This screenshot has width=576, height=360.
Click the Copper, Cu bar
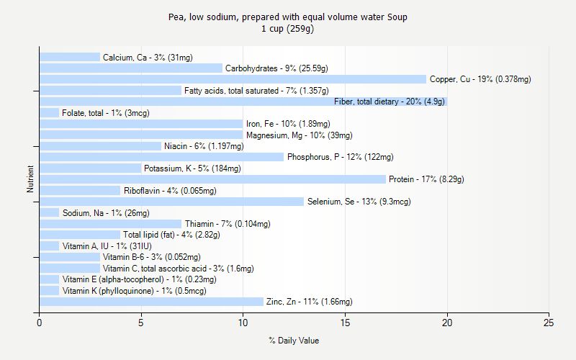233,79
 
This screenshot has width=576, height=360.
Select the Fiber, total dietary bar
243,102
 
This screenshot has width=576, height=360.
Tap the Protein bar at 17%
212,179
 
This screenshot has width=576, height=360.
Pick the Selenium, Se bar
171,202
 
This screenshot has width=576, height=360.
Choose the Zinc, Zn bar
151,302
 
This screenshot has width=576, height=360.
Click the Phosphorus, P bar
161,157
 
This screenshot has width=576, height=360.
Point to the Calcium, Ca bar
70,57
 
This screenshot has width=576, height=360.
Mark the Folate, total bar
49,112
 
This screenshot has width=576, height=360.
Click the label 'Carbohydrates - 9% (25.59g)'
276,68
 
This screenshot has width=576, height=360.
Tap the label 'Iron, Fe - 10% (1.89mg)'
288,124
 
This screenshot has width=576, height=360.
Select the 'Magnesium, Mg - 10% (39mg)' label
299,135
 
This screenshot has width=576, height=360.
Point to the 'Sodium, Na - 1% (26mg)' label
106,213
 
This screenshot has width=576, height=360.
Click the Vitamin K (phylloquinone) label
134,291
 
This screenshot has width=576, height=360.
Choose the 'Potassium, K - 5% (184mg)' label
192,168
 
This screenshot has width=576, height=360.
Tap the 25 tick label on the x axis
549,323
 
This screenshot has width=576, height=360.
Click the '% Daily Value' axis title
294,341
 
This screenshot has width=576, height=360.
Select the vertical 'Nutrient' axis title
30,179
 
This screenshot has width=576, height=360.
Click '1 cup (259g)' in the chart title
288,29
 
